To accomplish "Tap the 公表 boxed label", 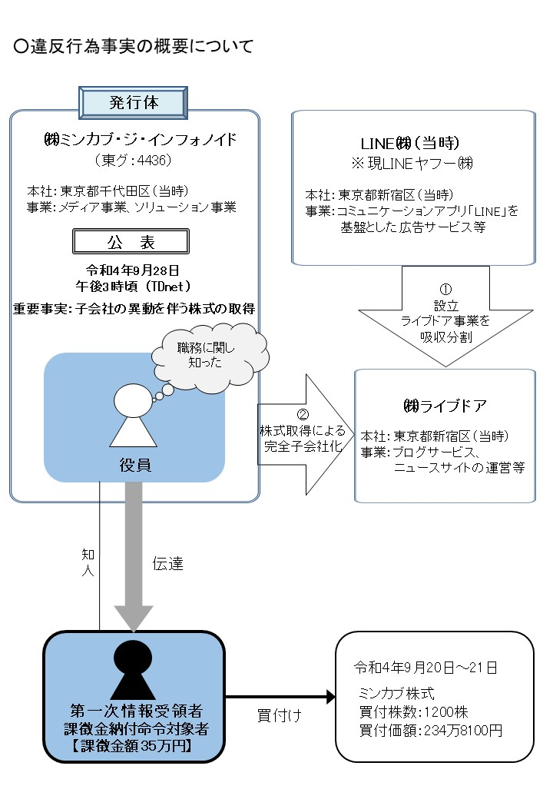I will point(130,242).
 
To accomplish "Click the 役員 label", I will point(134,464).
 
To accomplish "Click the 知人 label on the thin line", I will point(88,560).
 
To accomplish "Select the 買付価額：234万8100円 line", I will point(430,730).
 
